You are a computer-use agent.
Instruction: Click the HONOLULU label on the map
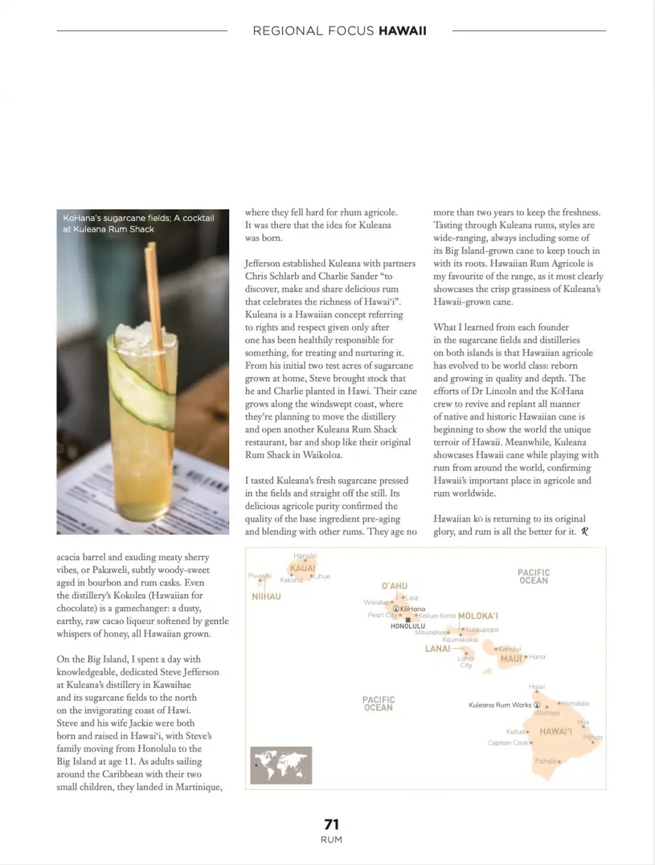[x=408, y=626]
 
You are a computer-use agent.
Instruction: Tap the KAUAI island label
[x=302, y=568]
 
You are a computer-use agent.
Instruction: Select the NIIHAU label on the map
[x=266, y=597]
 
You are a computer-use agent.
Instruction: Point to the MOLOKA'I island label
[x=478, y=616]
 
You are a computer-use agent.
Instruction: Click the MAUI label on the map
[x=511, y=659]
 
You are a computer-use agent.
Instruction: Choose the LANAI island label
[x=437, y=649]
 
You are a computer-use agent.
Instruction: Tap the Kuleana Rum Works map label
[x=500, y=705]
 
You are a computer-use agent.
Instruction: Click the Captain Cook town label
[x=508, y=743]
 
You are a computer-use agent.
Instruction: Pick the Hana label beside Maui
[x=537, y=657]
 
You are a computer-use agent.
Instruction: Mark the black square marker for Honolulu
[x=408, y=620]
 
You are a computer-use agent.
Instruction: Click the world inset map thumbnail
[x=281, y=765]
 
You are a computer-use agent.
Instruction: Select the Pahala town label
[x=546, y=761]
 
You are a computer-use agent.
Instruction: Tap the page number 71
[x=331, y=824]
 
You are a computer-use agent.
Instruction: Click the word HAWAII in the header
[x=403, y=31]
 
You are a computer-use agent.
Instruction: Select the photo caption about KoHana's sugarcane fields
[x=138, y=223]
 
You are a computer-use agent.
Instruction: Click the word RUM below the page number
[x=331, y=840]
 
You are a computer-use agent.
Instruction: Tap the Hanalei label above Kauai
[x=305, y=555]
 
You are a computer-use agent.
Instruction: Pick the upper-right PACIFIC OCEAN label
[x=534, y=576]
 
